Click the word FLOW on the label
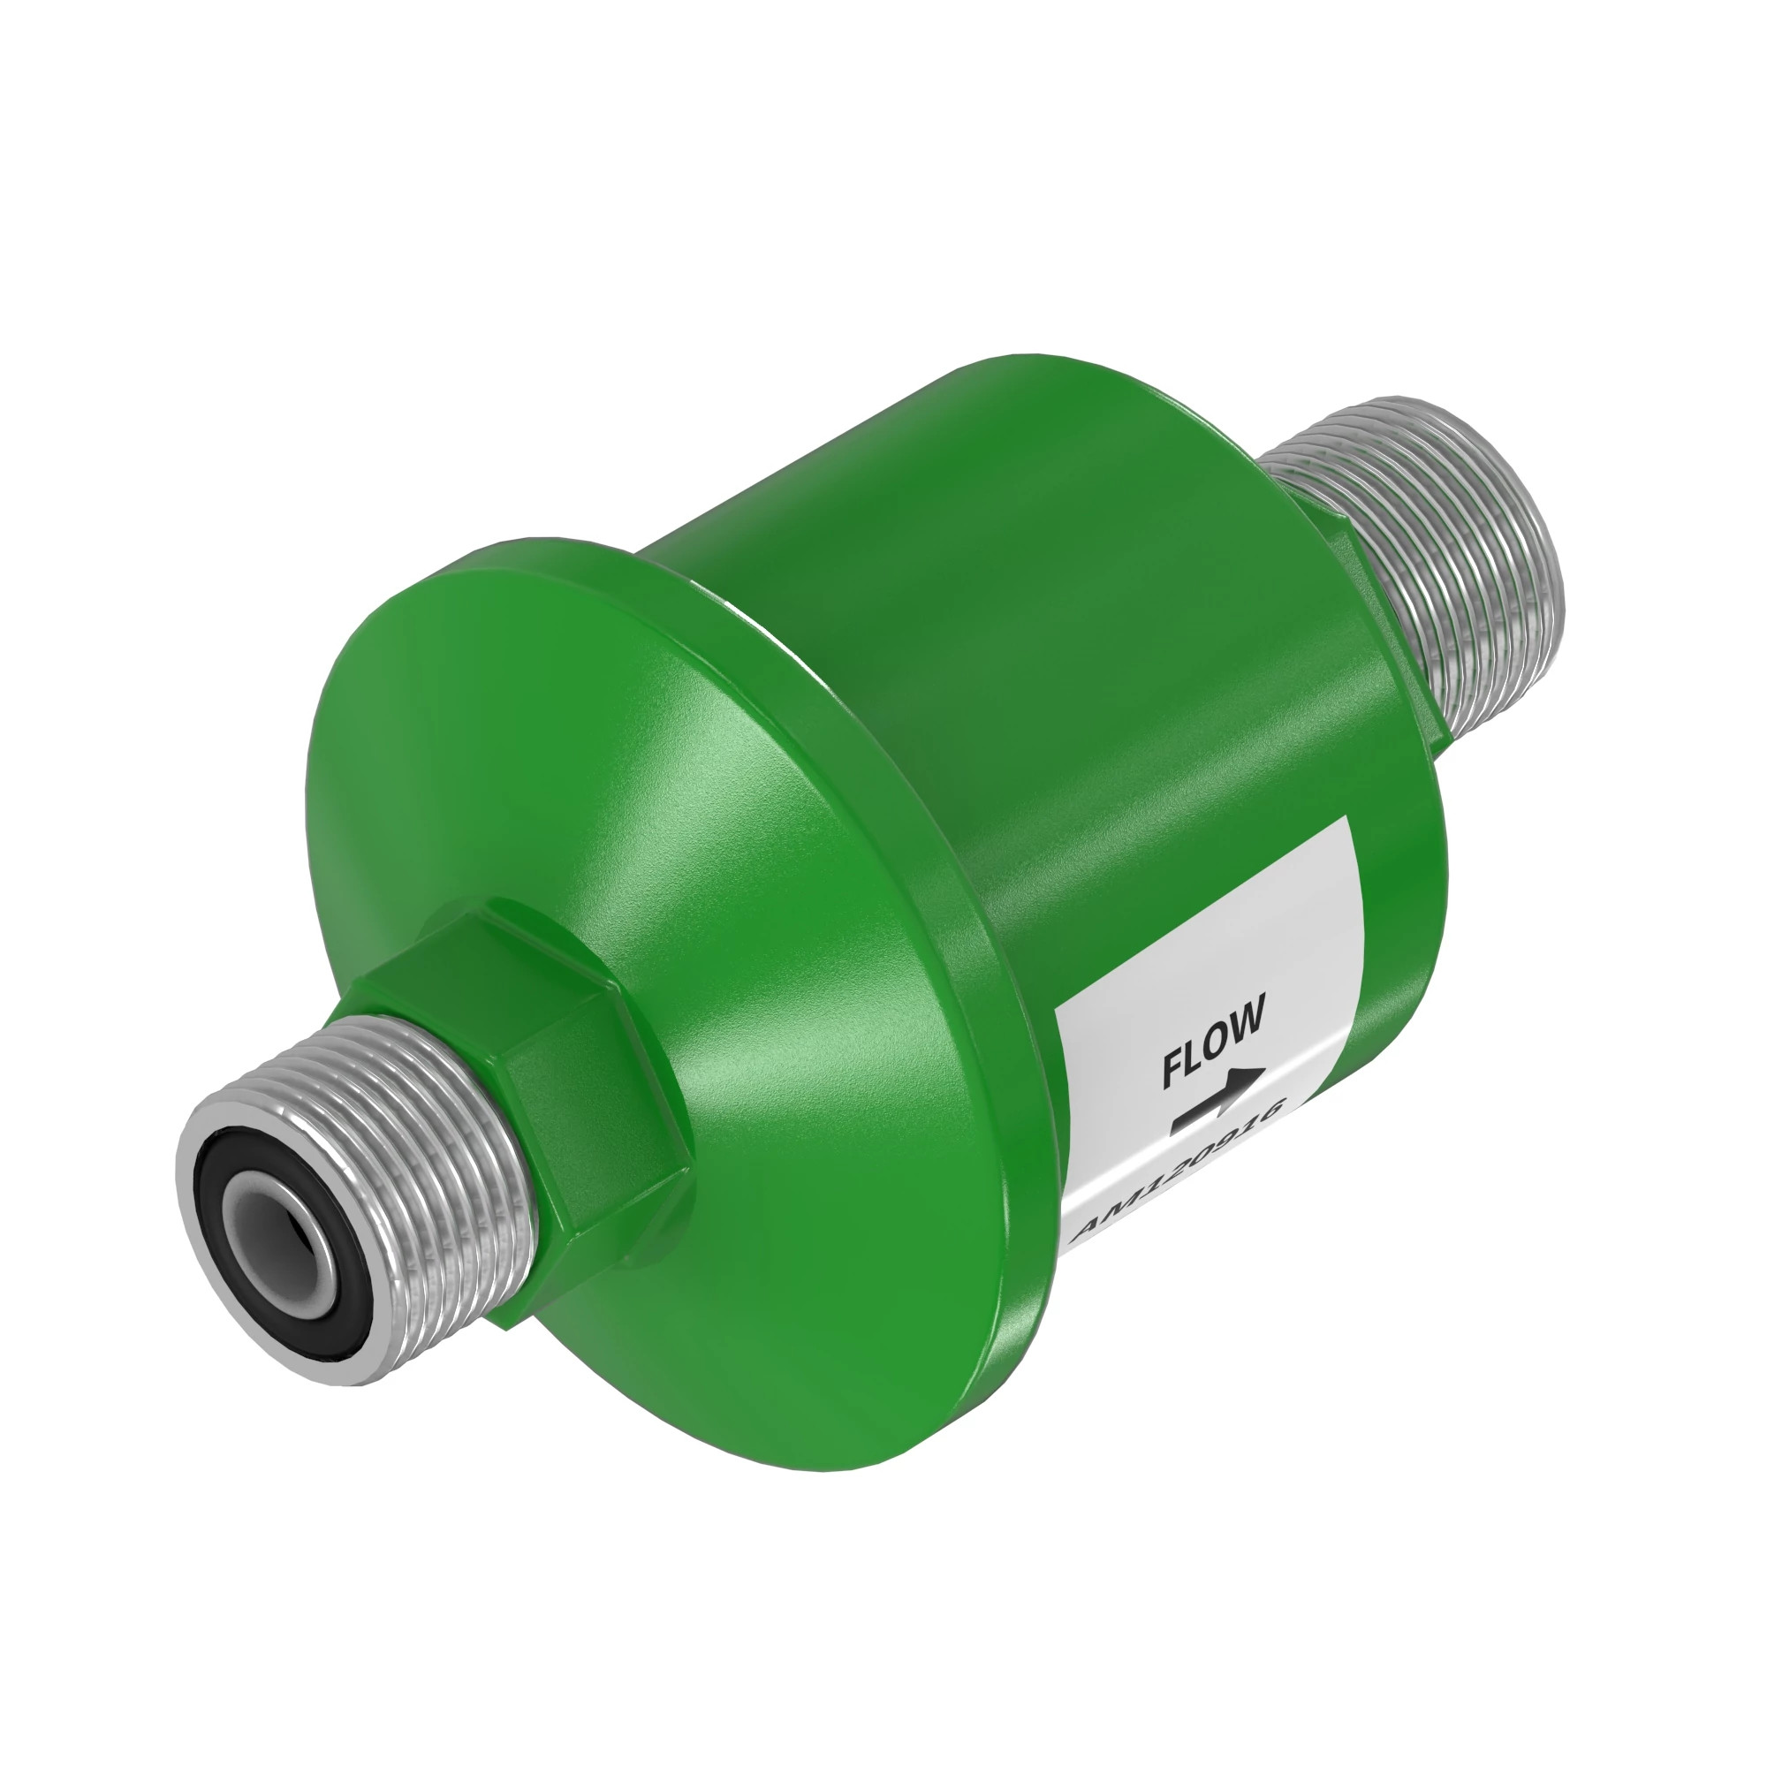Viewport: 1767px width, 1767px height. point(1214,1043)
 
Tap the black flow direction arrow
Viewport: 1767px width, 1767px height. point(1220,1101)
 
